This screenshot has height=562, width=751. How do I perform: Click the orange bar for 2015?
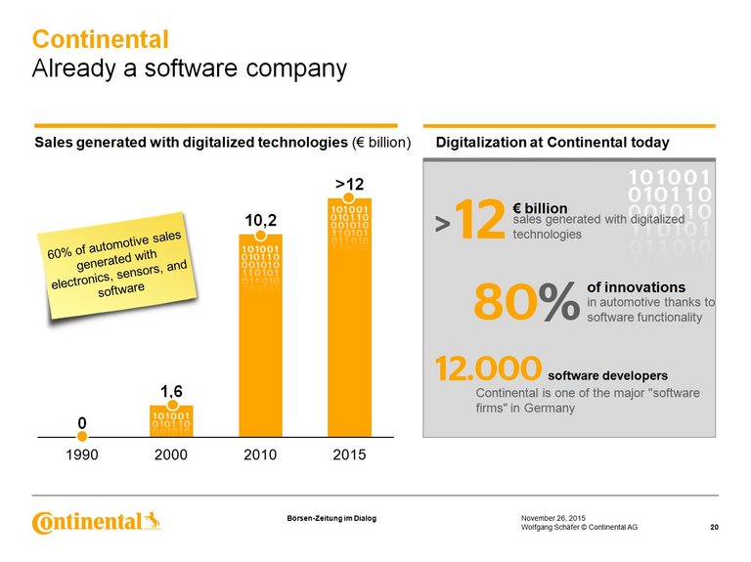349,317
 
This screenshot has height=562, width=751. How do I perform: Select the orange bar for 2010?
260,336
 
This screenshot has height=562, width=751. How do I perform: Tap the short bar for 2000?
171,419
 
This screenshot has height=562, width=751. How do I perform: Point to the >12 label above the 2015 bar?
349,184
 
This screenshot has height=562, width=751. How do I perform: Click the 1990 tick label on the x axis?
82,455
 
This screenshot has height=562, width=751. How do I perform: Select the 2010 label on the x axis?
260,455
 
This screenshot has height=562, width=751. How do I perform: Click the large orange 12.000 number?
488,369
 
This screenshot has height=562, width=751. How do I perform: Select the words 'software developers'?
608,375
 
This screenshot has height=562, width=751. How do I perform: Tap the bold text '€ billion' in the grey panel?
540,209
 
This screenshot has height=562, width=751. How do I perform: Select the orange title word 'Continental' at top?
101,40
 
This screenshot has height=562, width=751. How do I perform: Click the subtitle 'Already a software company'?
190,69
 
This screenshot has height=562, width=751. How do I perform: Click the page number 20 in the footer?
714,528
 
